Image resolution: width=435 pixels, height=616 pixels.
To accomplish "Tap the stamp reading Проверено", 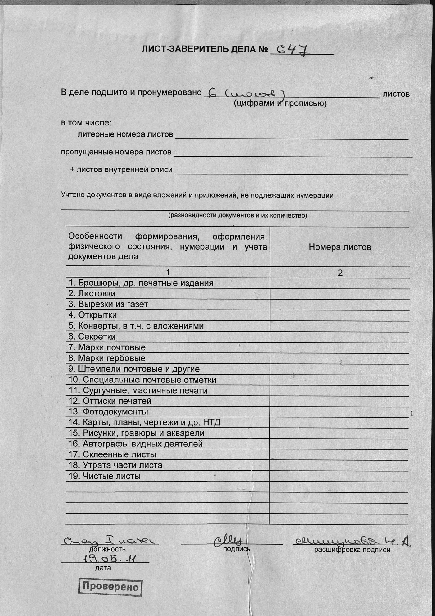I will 110,587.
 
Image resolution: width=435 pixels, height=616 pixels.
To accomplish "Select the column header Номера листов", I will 340,247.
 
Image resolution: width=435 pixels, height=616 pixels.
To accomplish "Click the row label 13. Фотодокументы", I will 108,412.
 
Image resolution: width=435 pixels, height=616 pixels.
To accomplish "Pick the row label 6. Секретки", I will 92,337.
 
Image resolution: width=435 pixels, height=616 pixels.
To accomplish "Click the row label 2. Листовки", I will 92,293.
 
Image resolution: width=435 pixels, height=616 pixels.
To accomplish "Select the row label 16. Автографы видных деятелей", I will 135,444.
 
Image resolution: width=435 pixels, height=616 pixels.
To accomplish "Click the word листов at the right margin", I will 396,94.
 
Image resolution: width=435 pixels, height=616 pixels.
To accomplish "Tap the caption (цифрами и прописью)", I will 280,103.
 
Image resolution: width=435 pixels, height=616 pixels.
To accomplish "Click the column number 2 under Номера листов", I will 340,273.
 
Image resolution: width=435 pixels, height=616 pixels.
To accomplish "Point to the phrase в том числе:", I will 86,123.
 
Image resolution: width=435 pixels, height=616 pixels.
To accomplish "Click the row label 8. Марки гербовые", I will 107,358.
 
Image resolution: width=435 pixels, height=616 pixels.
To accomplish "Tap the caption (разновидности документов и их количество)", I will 238,215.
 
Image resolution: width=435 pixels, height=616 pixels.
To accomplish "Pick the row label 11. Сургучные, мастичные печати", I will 138,390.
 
